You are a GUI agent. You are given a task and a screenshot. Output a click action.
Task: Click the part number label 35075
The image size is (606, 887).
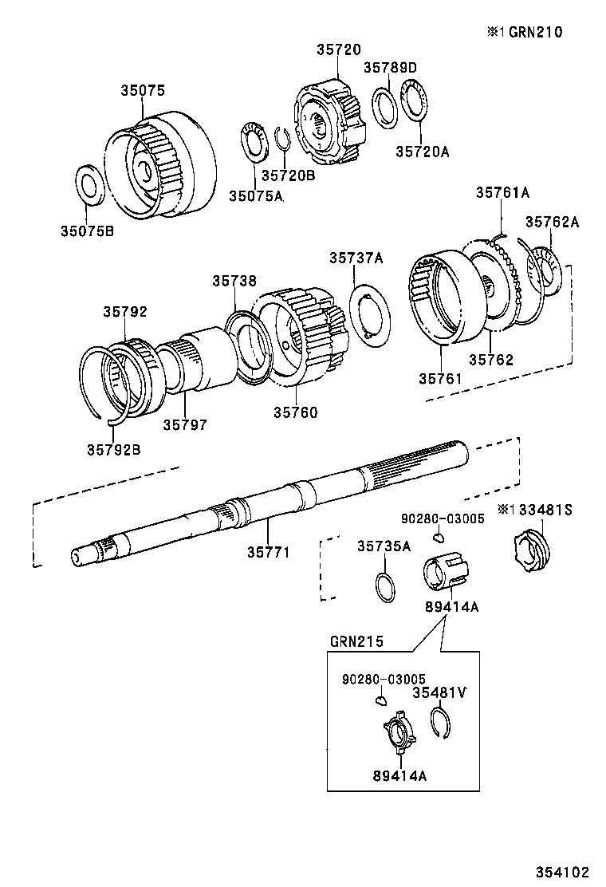pos(143,91)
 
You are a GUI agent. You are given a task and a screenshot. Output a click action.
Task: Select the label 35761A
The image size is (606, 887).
pos(502,192)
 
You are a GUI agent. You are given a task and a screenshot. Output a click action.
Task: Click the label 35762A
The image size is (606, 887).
pos(551,222)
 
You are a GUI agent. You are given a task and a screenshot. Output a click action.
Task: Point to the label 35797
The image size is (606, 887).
pos(185,425)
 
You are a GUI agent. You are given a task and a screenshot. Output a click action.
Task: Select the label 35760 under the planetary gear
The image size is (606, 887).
pos(295,412)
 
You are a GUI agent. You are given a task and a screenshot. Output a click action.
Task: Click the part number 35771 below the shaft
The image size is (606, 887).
pos(267,551)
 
